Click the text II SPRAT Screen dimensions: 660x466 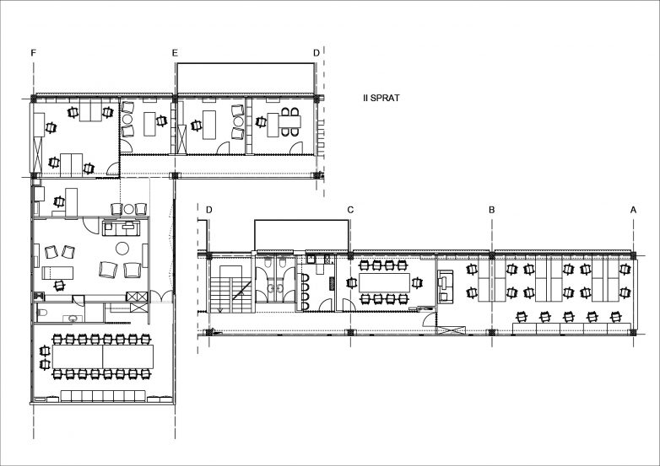(x=381, y=98)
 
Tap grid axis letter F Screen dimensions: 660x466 (x=34, y=52)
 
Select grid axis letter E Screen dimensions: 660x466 (x=175, y=52)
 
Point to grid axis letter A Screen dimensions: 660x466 (x=633, y=210)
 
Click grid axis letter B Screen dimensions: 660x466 (x=492, y=210)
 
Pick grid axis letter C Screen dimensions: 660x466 (x=350, y=210)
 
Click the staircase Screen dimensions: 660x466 (x=231, y=289)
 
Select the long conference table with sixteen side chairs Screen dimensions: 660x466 (x=103, y=356)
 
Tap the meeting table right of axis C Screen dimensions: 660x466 (x=384, y=283)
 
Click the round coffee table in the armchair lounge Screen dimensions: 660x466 (x=122, y=249)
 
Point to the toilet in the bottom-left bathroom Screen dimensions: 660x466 (x=42, y=312)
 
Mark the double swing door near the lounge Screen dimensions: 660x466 (x=162, y=297)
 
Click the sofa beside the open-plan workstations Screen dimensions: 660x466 (x=446, y=287)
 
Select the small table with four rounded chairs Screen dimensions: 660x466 (x=289, y=122)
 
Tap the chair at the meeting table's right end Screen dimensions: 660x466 (x=417, y=283)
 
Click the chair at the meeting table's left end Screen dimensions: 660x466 (x=350, y=283)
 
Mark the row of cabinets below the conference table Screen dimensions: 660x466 (x=103, y=396)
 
